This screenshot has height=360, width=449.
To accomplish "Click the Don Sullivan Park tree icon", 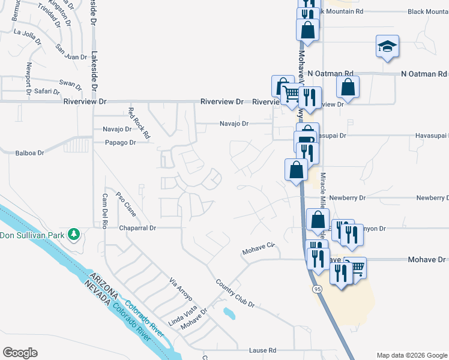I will click(74, 234).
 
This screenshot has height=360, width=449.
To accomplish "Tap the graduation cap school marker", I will click(387, 45).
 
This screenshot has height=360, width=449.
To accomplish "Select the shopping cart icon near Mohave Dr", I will click(355, 267).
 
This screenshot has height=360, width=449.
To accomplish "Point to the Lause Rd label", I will click(264, 350).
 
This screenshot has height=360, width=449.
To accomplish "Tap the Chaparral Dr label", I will click(137, 228).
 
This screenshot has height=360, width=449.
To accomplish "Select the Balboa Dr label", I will click(29, 153).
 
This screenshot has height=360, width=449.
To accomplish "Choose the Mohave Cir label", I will click(258, 248).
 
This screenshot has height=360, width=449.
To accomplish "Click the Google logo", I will click(20, 353).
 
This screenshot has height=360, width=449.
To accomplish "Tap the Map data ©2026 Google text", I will click(411, 355).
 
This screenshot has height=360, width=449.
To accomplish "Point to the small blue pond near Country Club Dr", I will click(228, 313).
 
